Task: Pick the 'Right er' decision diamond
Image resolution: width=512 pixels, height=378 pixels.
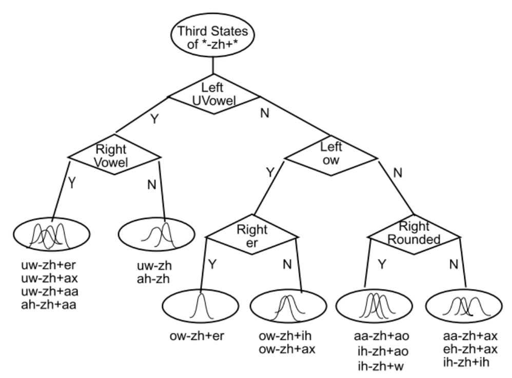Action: tap(251, 235)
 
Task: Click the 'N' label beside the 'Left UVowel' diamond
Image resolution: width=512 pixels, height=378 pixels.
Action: tap(265, 112)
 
